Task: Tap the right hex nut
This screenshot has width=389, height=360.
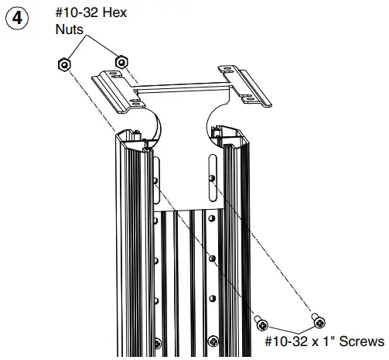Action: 120,61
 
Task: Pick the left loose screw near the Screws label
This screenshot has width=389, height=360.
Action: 261,322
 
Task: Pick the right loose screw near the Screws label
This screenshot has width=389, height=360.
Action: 317,318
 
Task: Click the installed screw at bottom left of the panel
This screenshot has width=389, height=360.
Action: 158,341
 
